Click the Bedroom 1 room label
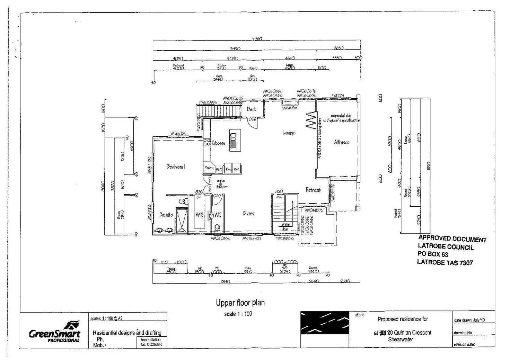(176, 166)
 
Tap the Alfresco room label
(341, 142)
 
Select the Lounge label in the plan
(289, 133)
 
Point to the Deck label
(252, 109)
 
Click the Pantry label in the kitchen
(209, 168)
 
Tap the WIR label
(199, 215)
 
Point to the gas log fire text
(289, 108)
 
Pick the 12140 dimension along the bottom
(225, 282)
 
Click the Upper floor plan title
(240, 303)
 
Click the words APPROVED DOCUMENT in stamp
(452, 239)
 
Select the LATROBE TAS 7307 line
(445, 262)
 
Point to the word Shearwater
(401, 340)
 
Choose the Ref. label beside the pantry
(236, 170)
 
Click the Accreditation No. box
(151, 342)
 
